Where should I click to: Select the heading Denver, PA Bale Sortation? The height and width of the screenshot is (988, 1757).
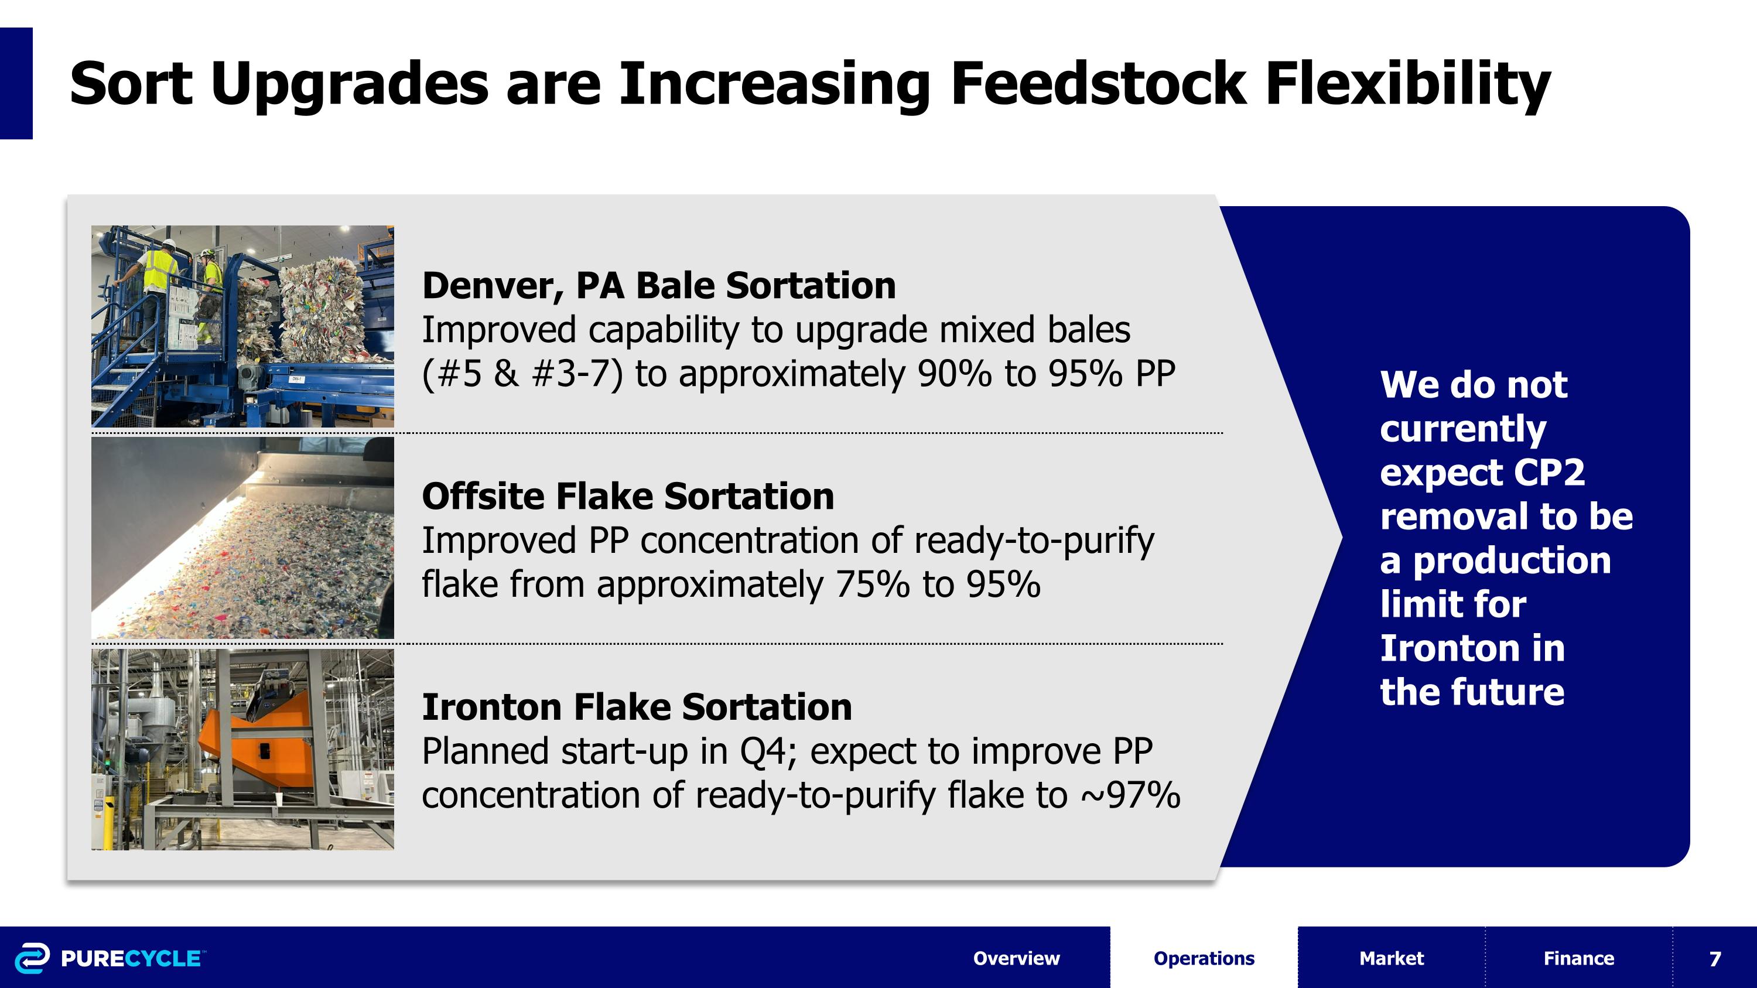[659, 285]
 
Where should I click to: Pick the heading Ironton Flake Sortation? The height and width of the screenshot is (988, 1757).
[637, 706]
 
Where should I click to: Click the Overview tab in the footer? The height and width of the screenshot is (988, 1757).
[1016, 958]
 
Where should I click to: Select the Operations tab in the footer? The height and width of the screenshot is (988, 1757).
[1204, 958]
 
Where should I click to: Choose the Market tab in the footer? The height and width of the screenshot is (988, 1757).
[1392, 958]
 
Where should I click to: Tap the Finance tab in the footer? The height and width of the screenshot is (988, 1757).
[1578, 958]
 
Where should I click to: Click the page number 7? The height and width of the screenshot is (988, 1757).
[1715, 959]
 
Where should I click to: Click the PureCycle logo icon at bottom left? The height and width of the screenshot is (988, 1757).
[32, 958]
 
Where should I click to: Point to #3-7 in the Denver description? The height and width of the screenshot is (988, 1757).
[576, 374]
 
